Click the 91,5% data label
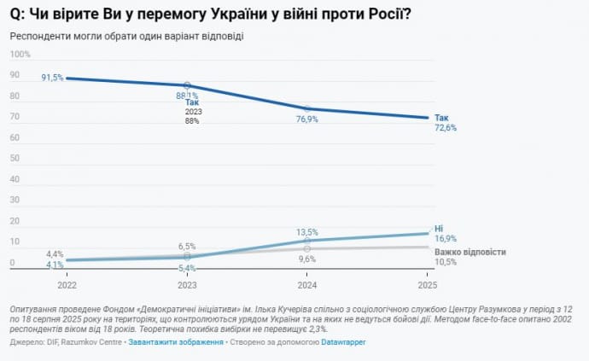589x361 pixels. click(52, 78)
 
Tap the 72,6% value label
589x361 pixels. click(446, 128)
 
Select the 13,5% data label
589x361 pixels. click(307, 231)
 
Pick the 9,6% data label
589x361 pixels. click(307, 259)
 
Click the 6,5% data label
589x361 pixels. click(187, 246)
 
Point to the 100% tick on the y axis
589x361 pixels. click(20, 54)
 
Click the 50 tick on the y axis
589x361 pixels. click(14, 159)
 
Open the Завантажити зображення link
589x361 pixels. click(175, 342)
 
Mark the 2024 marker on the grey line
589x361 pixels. click(307, 248)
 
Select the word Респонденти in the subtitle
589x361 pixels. click(38, 37)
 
